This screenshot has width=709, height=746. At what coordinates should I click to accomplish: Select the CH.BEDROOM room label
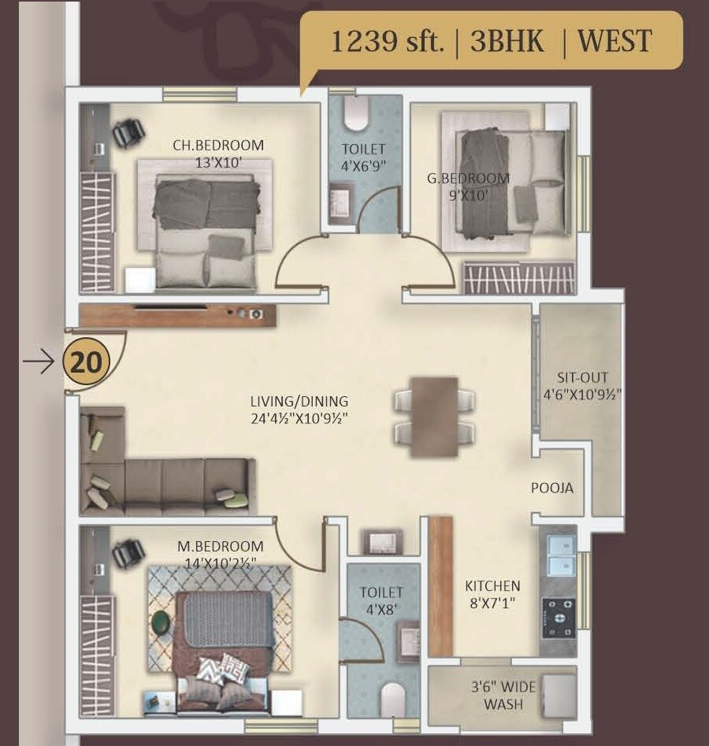click(218, 145)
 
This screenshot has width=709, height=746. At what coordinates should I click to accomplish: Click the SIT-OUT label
click(581, 377)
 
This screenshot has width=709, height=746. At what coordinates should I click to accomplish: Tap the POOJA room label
click(552, 488)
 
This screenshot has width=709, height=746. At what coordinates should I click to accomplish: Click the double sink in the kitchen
click(559, 555)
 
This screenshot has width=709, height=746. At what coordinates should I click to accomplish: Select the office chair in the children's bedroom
click(128, 133)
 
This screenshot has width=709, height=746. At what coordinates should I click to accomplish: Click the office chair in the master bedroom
click(126, 555)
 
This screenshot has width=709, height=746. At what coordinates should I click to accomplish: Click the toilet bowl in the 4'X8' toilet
click(392, 697)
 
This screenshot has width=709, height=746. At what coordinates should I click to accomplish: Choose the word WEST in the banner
click(614, 41)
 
